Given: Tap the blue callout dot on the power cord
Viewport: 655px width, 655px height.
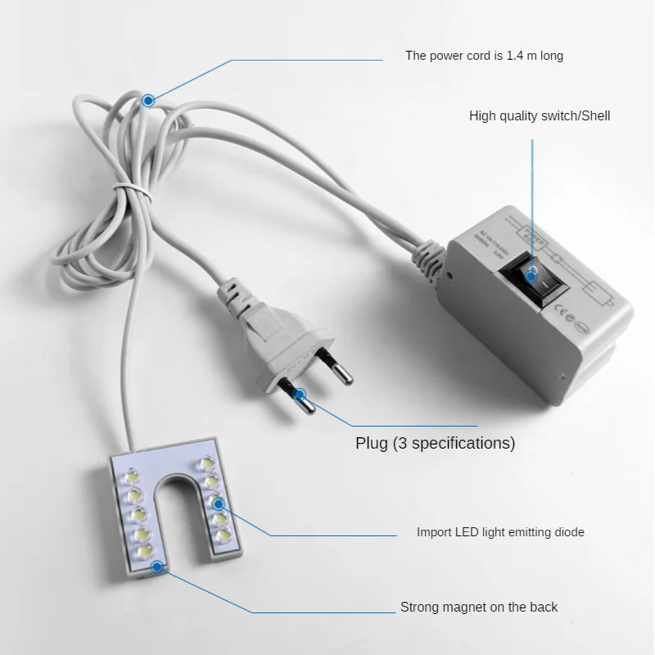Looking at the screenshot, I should [x=148, y=101].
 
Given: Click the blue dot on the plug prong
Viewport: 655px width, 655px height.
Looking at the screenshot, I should [x=300, y=395].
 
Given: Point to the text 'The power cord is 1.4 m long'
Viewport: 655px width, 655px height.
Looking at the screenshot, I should [x=484, y=56].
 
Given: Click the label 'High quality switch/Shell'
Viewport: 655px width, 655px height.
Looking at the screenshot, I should [x=539, y=116].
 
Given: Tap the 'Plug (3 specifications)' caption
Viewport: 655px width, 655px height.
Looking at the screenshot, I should [x=435, y=444].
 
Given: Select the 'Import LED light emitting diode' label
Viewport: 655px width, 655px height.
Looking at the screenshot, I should [x=500, y=532].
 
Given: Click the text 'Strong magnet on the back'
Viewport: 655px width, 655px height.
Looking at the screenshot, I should [x=479, y=607].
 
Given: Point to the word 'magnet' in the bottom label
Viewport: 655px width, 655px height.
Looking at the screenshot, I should [x=477, y=607].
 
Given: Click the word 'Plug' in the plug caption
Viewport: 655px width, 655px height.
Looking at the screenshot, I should [x=372, y=444].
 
